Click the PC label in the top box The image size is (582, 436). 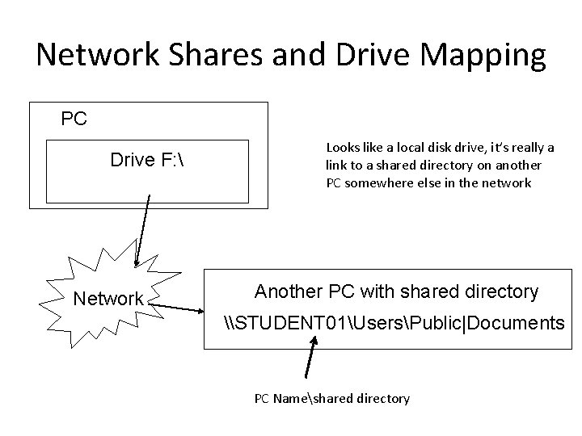[x=74, y=119]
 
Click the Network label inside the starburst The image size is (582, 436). [x=108, y=299]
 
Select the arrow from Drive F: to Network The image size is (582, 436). [x=143, y=229]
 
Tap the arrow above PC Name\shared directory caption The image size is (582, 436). [x=311, y=358]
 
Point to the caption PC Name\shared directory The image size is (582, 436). [x=331, y=399]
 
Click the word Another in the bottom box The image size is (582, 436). [x=287, y=291]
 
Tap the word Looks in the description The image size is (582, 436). [x=342, y=148]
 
